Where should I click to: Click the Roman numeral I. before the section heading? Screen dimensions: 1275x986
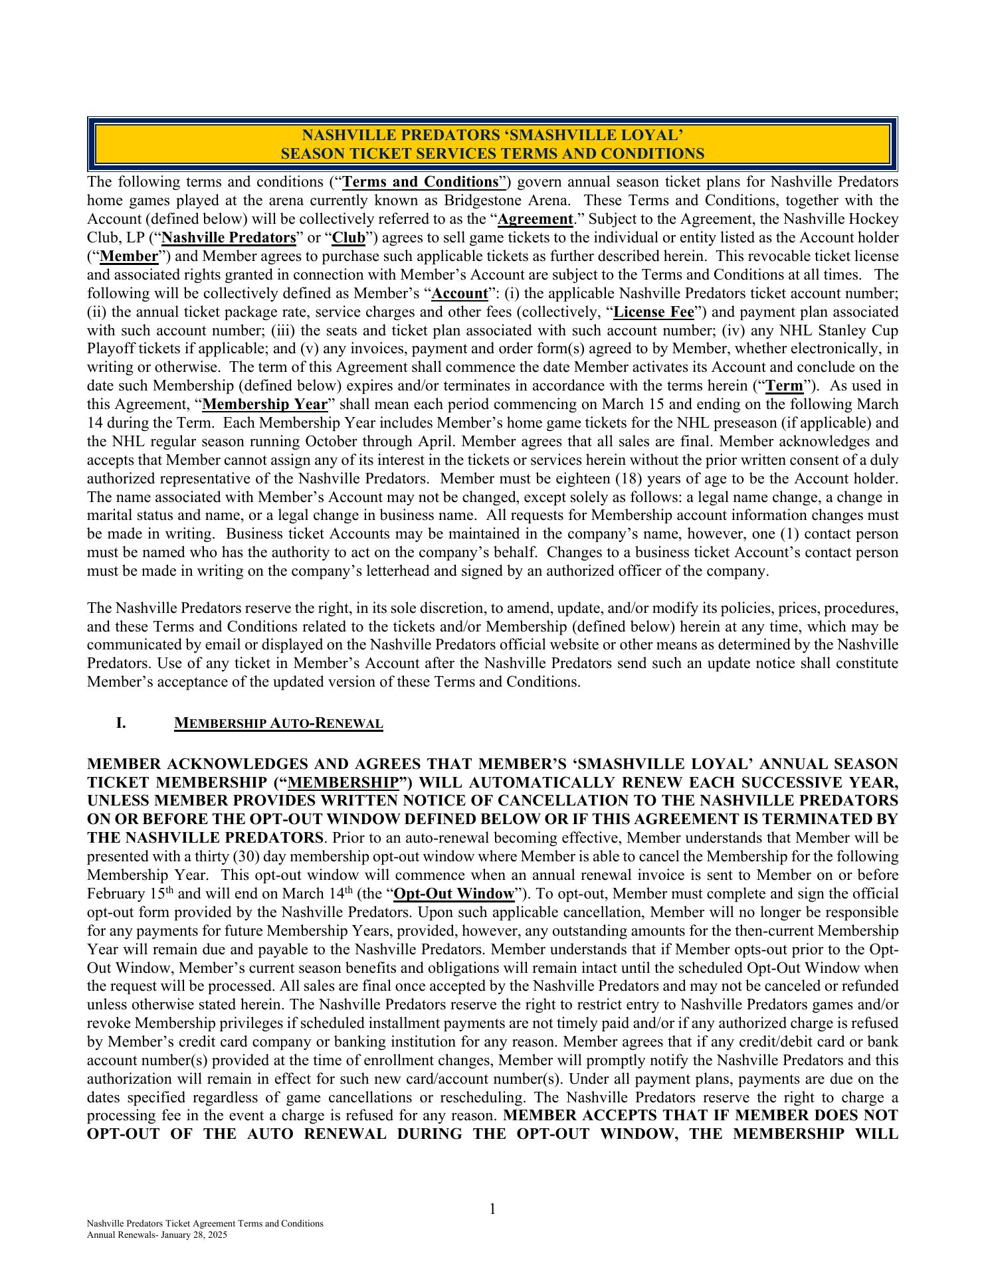(121, 722)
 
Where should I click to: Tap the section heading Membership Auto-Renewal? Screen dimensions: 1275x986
(278, 723)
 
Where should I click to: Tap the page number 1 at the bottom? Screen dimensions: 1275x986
(492, 1209)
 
